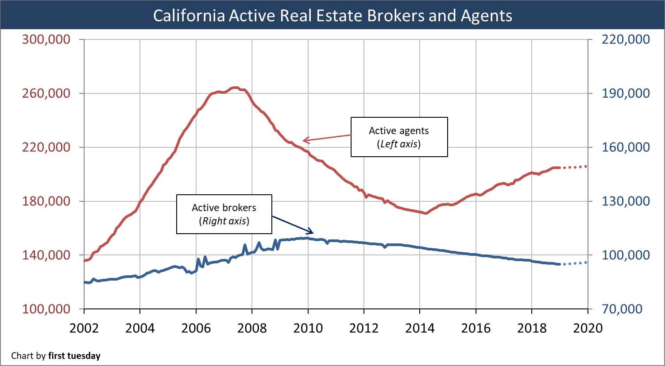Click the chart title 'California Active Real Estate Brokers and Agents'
coord(332,15)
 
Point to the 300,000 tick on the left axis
coord(46,39)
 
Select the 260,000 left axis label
coord(46,93)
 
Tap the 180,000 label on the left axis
coord(46,201)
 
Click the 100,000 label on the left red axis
coord(46,309)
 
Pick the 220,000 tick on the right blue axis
coord(626,39)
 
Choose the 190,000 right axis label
coord(626,93)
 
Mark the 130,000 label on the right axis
coord(626,201)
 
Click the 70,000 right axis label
coord(626,309)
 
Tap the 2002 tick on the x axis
coord(84,328)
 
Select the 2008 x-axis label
coord(252,328)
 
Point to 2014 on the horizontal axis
coord(420,328)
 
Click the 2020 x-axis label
coord(588,328)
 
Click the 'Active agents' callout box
coord(399,137)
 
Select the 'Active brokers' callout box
coord(224,214)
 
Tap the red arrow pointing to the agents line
coord(327,138)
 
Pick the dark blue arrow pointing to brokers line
coord(293,224)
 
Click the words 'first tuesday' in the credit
coord(74,356)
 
